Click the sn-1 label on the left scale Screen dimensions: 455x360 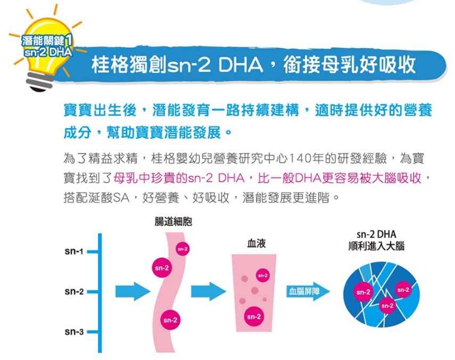click(74, 251)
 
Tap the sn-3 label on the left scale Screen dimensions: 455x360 click(74, 332)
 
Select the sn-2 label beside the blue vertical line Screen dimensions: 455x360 click(74, 291)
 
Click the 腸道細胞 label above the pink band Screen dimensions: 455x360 click(173, 222)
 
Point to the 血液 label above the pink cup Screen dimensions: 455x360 click(256, 243)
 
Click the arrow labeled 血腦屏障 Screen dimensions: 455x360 click(308, 291)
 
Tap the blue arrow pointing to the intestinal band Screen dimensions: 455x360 click(133, 291)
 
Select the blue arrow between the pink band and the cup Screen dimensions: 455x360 click(209, 291)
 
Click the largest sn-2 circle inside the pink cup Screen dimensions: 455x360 click(254, 316)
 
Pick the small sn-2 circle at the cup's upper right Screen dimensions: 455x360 click(262, 275)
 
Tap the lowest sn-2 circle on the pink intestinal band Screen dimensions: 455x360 click(170, 320)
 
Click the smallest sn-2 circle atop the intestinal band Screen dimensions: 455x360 click(183, 249)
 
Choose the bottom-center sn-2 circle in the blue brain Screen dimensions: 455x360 click(387, 306)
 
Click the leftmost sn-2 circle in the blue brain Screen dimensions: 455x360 click(363, 292)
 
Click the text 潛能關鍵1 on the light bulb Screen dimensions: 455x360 click(47, 40)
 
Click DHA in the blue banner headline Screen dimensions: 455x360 click(240, 65)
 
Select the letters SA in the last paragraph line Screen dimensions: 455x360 click(121, 198)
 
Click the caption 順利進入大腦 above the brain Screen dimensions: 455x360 click(376, 246)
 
